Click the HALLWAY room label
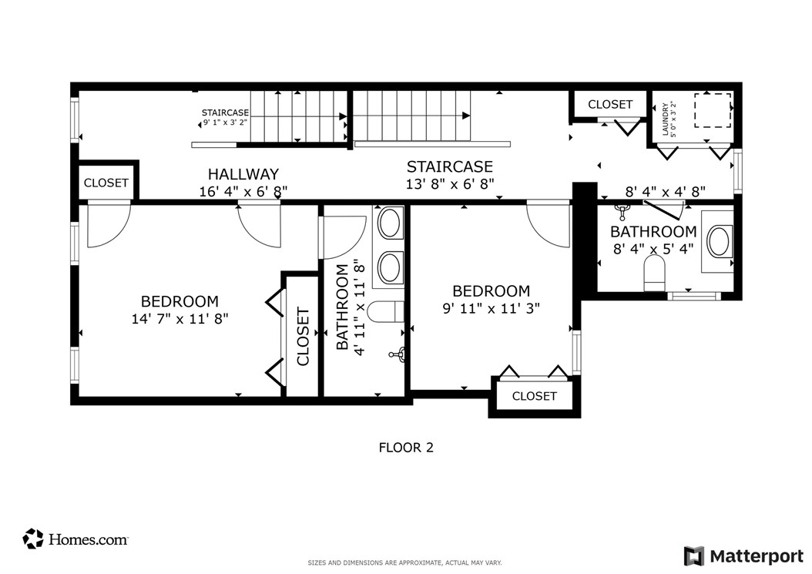243,174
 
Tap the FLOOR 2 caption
406,448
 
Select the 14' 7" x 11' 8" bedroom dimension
180,319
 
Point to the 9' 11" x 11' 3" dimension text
491,308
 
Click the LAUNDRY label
666,119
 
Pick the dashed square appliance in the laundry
713,110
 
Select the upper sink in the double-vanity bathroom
391,223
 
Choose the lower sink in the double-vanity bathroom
391,267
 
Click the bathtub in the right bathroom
718,241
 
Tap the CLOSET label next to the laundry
610,105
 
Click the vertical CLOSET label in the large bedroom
303,337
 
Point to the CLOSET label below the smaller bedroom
535,396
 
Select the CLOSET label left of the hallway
106,183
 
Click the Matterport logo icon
694,556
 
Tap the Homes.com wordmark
88,540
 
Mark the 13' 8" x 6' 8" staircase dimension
449,184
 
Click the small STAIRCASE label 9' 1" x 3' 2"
225,118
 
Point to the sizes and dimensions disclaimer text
405,562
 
